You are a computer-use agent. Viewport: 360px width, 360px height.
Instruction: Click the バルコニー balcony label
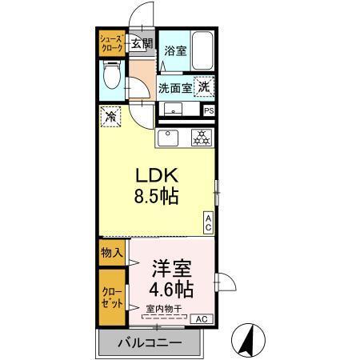point(150,344)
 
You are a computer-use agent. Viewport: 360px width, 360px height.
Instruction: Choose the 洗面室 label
point(173,87)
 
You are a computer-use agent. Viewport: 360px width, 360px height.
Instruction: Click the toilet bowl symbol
point(111,78)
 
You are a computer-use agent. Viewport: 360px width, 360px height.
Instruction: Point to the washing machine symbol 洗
point(204,87)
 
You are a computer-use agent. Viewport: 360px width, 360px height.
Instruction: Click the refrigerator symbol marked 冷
point(110,117)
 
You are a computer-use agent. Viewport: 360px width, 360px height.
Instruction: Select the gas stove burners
point(199,138)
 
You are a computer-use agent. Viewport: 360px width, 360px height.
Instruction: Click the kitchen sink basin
point(169,138)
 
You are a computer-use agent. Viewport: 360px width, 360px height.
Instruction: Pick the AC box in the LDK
point(208,222)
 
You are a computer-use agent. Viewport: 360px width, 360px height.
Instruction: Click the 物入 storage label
point(111,253)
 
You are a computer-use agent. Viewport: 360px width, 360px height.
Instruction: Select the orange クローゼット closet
point(111,298)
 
